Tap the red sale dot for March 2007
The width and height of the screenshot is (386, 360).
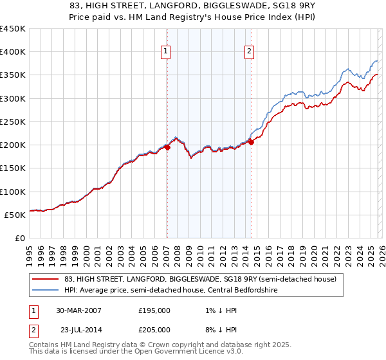tap(167, 147)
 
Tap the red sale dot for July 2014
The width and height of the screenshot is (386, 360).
tap(251, 143)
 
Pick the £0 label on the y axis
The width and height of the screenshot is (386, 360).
tap(20, 238)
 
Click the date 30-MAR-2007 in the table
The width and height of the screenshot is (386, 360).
tap(78, 310)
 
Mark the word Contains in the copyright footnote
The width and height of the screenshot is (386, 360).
tap(45, 345)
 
